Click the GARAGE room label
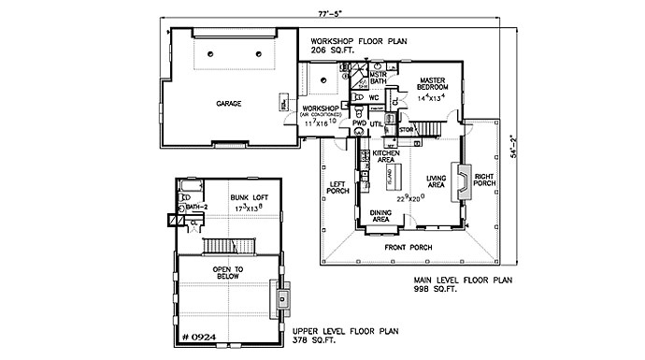(x=230, y=103)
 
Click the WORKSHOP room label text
(x=320, y=109)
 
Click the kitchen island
(x=394, y=178)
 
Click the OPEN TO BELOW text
(x=228, y=273)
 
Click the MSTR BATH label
(x=378, y=78)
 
